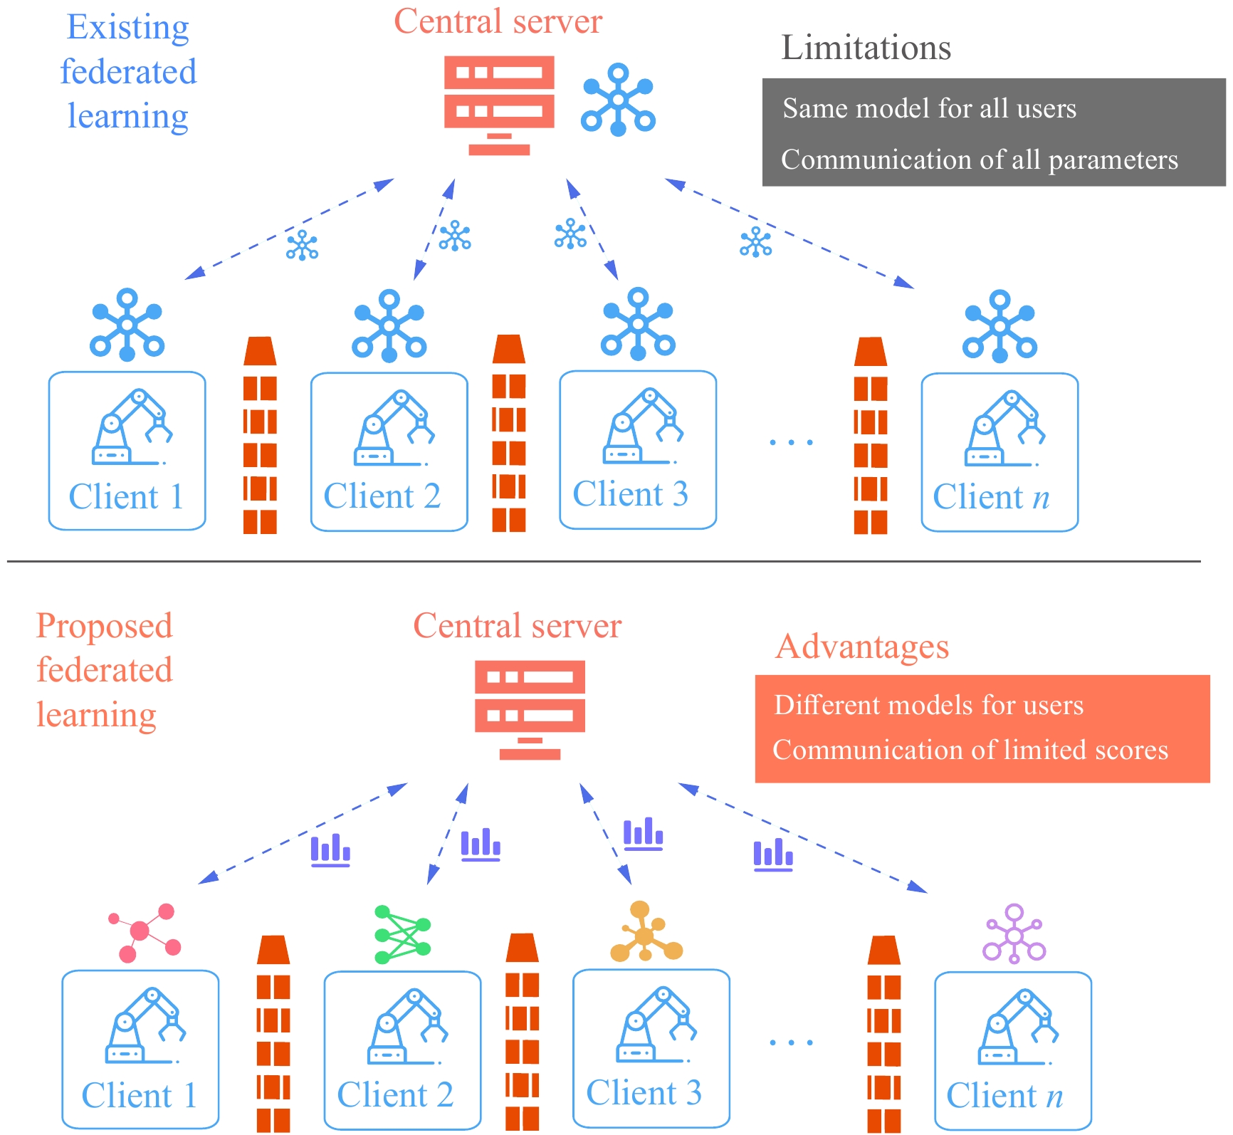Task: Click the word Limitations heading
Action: tap(866, 48)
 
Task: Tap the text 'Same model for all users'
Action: tap(929, 108)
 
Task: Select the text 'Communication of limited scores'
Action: tap(970, 750)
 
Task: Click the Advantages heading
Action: tap(861, 647)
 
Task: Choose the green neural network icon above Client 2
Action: tap(402, 934)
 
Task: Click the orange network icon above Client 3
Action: tap(646, 932)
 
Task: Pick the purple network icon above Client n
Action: tap(1014, 933)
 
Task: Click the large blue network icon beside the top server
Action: tap(618, 100)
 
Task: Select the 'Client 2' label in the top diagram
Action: tap(382, 496)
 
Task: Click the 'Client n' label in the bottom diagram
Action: tap(1004, 1096)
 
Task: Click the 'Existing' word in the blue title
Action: tap(128, 28)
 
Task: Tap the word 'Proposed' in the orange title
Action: tap(105, 626)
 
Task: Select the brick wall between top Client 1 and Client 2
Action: tap(260, 436)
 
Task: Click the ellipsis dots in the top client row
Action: tap(791, 442)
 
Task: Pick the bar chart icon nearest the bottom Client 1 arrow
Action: tap(330, 850)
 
